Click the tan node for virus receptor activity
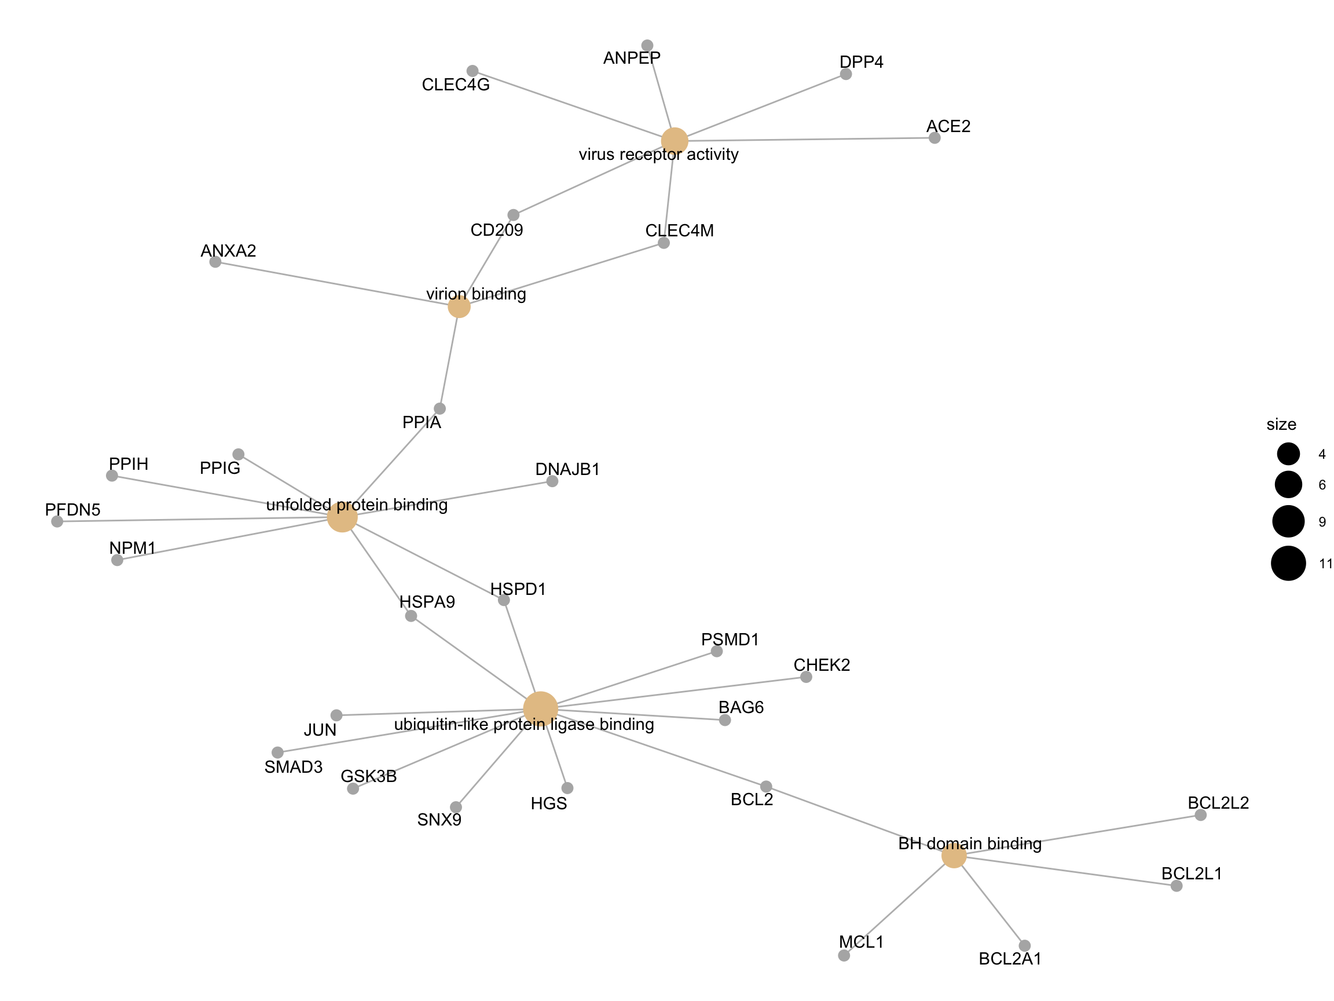pos(674,141)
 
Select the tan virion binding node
pos(459,306)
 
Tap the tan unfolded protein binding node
pos(342,517)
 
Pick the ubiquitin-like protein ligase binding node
pos(540,708)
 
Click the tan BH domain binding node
pos(954,856)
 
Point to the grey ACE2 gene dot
pos(934,138)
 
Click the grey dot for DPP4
pos(845,74)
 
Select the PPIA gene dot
pos(439,408)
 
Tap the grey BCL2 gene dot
pos(766,786)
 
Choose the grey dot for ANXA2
pos(215,262)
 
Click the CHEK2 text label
pos(822,665)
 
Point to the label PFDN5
pos(72,510)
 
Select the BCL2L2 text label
pos(1218,803)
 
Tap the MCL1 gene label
pos(860,942)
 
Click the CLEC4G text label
pos(455,85)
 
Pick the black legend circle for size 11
pos(1288,563)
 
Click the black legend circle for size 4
pos(1288,454)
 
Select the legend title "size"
pos(1281,425)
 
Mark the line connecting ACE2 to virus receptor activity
pos(808,140)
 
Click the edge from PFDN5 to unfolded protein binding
pos(193,520)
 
